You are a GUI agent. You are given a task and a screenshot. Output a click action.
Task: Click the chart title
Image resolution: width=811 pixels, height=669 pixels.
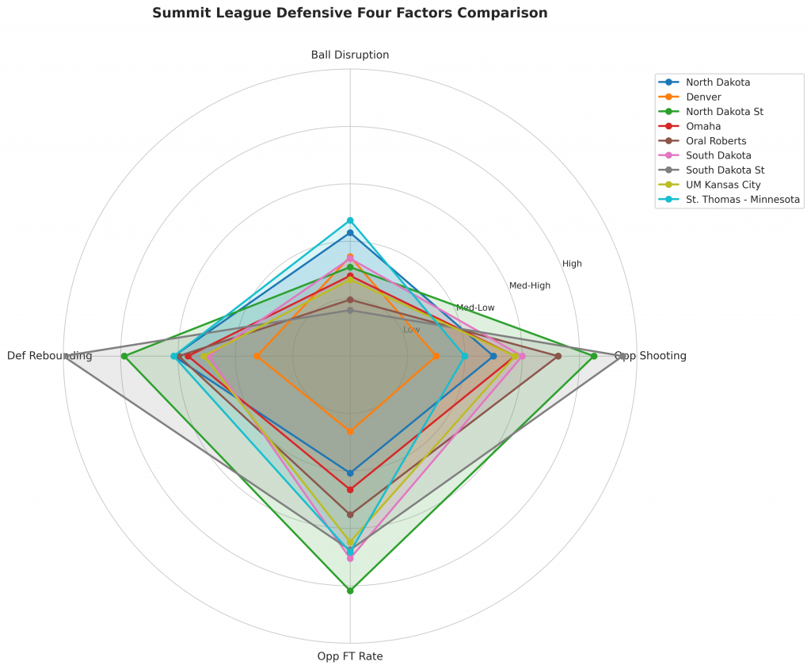(349, 13)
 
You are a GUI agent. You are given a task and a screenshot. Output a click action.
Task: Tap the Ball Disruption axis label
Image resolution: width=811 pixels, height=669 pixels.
(350, 55)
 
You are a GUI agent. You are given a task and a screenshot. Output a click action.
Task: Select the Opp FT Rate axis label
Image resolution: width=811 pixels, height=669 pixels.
(350, 656)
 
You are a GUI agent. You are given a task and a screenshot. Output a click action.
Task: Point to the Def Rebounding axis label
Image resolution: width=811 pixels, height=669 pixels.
(49, 356)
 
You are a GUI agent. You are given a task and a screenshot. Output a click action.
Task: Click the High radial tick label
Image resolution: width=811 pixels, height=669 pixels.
(572, 264)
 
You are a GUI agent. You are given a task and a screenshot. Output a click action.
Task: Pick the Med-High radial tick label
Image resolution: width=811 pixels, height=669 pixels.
(530, 285)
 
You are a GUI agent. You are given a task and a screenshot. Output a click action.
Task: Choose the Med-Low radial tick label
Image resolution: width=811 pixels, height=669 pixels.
(475, 308)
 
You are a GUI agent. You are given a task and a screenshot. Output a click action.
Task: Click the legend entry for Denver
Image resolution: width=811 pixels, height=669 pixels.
(703, 97)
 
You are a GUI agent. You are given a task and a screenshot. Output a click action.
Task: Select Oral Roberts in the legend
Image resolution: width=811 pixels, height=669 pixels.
(716, 141)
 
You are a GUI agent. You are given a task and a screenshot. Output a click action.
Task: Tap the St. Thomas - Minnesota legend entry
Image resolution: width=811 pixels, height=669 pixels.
(743, 200)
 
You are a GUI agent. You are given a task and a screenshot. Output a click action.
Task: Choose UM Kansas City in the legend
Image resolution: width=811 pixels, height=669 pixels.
(723, 185)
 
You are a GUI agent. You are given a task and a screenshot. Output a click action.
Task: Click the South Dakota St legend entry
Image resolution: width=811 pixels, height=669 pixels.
(725, 170)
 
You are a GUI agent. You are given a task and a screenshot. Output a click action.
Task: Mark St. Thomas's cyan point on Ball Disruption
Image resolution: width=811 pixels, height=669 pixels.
(350, 220)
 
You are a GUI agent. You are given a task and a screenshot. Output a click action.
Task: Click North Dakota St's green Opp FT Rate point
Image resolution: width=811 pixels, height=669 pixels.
(350, 591)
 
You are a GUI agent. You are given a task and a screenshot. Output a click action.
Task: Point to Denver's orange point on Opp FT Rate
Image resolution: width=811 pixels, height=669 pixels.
(350, 431)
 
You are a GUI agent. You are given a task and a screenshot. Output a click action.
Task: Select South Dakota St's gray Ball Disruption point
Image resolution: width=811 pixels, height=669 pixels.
(350, 311)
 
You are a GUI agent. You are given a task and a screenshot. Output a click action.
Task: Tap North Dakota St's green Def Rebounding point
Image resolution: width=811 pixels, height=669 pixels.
(124, 356)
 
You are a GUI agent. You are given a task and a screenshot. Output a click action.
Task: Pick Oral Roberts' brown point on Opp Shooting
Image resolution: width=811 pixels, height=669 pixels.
(558, 356)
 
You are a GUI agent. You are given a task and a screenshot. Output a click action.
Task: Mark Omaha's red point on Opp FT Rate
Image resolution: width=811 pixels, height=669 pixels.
(350, 489)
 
